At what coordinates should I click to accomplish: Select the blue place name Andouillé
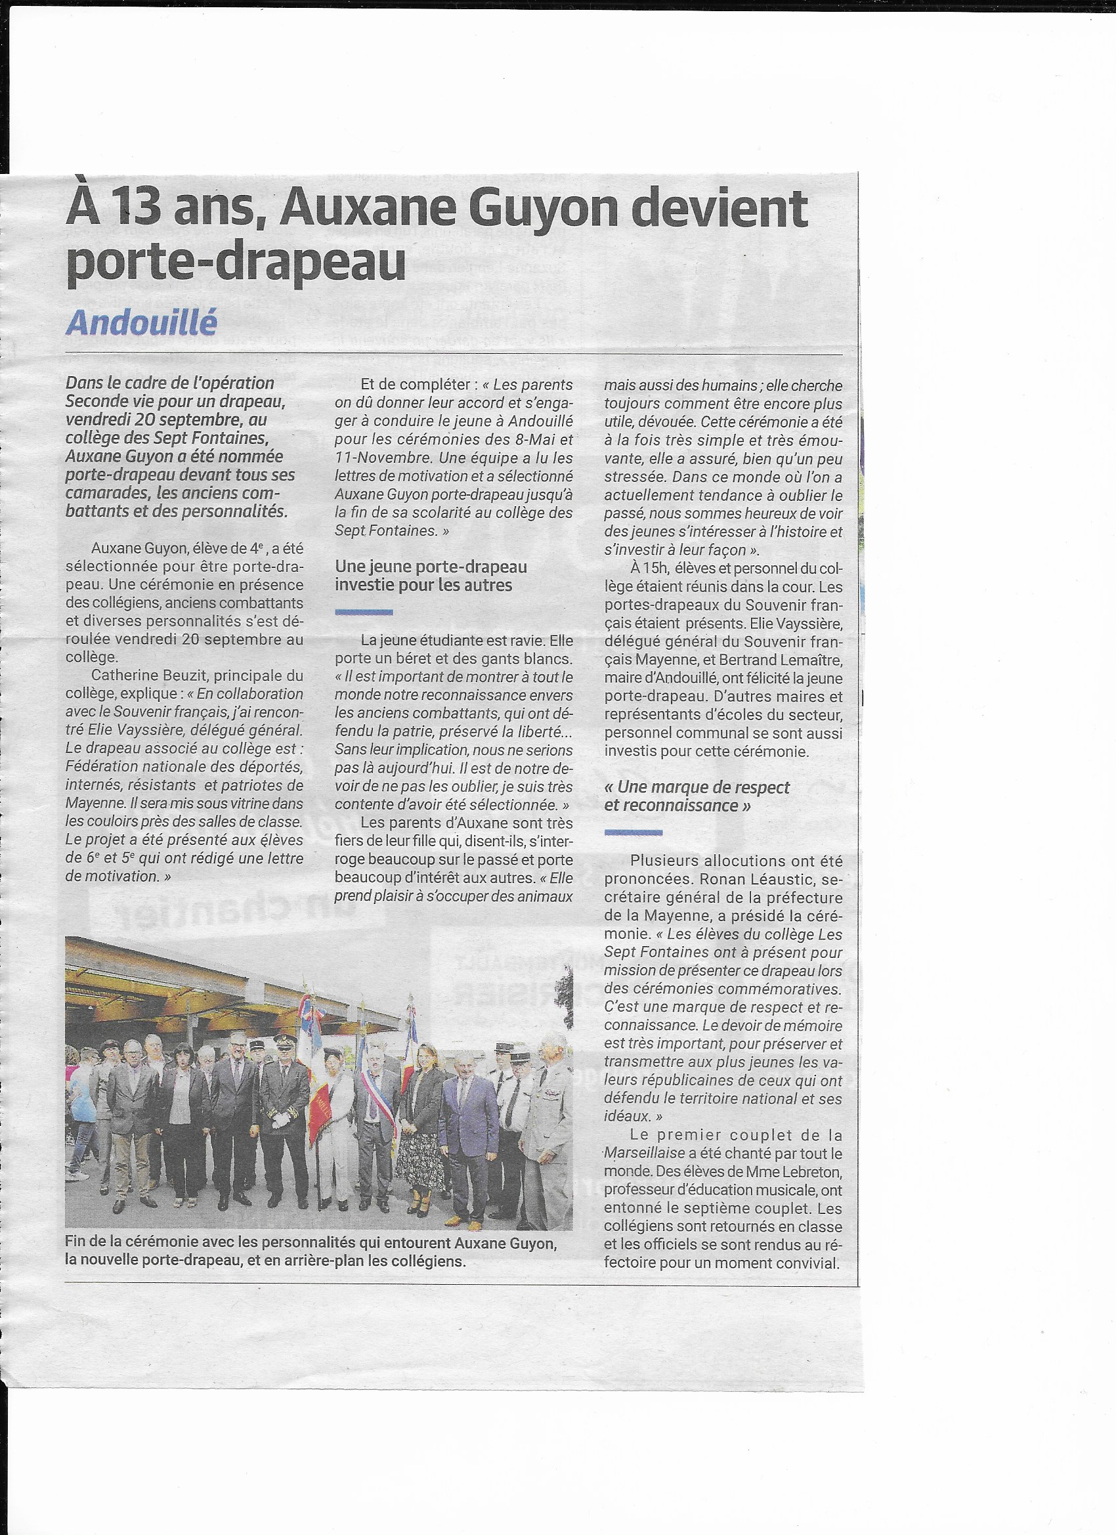point(141,323)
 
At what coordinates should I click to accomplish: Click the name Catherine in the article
point(121,675)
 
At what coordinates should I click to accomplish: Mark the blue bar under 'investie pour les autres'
point(364,612)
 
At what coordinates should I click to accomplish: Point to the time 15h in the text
point(655,568)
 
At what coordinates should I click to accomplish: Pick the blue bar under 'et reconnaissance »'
point(633,832)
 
